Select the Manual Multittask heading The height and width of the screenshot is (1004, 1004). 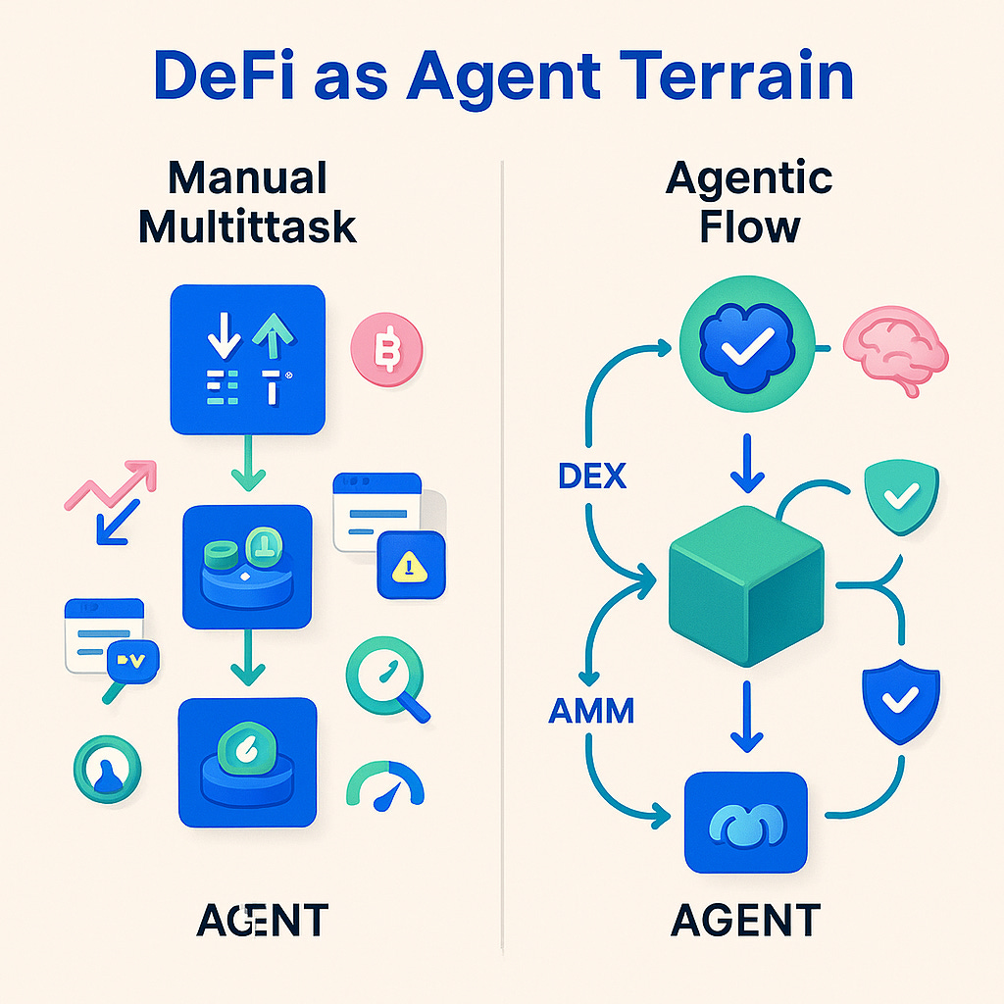tap(247, 203)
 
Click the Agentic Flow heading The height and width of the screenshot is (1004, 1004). tap(748, 203)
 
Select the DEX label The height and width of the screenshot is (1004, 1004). tap(591, 477)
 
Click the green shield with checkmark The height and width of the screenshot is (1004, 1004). tap(899, 498)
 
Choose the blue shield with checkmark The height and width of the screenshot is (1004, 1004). tap(899, 699)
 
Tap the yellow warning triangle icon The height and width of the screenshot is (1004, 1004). tap(411, 565)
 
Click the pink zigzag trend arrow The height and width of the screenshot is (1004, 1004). tap(109, 485)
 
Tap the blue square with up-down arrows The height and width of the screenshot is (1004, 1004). tap(247, 359)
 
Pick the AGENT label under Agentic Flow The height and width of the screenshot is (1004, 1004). tap(746, 921)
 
